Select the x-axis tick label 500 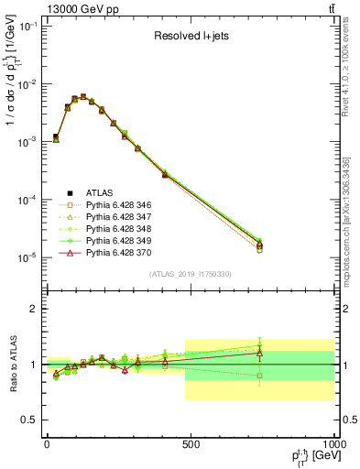coord(191,444)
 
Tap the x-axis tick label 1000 coord(332,444)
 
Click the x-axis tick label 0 coord(47,444)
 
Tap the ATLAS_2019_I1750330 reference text coord(191,274)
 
